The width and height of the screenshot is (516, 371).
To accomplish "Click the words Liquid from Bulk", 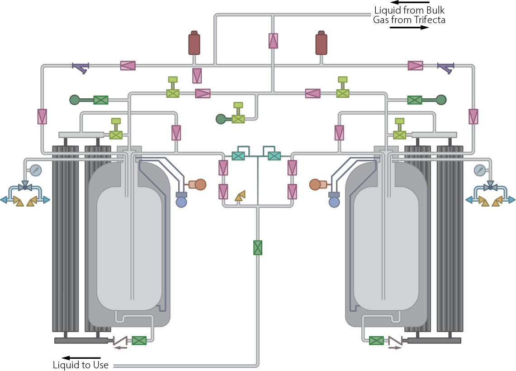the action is click(409, 10).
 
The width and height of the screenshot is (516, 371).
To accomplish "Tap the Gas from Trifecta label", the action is click(409, 20).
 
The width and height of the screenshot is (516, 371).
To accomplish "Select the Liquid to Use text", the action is click(80, 365).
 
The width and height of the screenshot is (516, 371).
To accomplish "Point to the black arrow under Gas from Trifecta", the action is click(409, 27).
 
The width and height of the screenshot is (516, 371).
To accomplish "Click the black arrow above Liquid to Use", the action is click(81, 358).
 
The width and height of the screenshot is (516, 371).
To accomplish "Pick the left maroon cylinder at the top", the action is click(194, 43).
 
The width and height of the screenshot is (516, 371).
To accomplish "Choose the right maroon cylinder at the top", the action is click(321, 43).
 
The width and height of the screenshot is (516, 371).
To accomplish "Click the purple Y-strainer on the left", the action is click(80, 67).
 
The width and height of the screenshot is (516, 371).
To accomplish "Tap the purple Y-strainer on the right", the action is click(446, 67).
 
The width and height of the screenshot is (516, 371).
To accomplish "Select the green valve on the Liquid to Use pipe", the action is click(258, 248).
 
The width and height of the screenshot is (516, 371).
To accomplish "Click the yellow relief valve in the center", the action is click(240, 196).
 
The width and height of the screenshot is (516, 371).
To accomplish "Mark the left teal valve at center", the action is click(238, 156).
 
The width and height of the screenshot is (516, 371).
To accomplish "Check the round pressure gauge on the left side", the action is click(36, 170).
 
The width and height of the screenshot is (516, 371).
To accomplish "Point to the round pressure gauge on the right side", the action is click(480, 170).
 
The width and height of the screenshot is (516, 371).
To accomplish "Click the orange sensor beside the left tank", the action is click(198, 184).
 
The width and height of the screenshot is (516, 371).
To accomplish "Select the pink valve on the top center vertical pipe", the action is click(273, 41).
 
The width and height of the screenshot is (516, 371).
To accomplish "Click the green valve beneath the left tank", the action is click(139, 341).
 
